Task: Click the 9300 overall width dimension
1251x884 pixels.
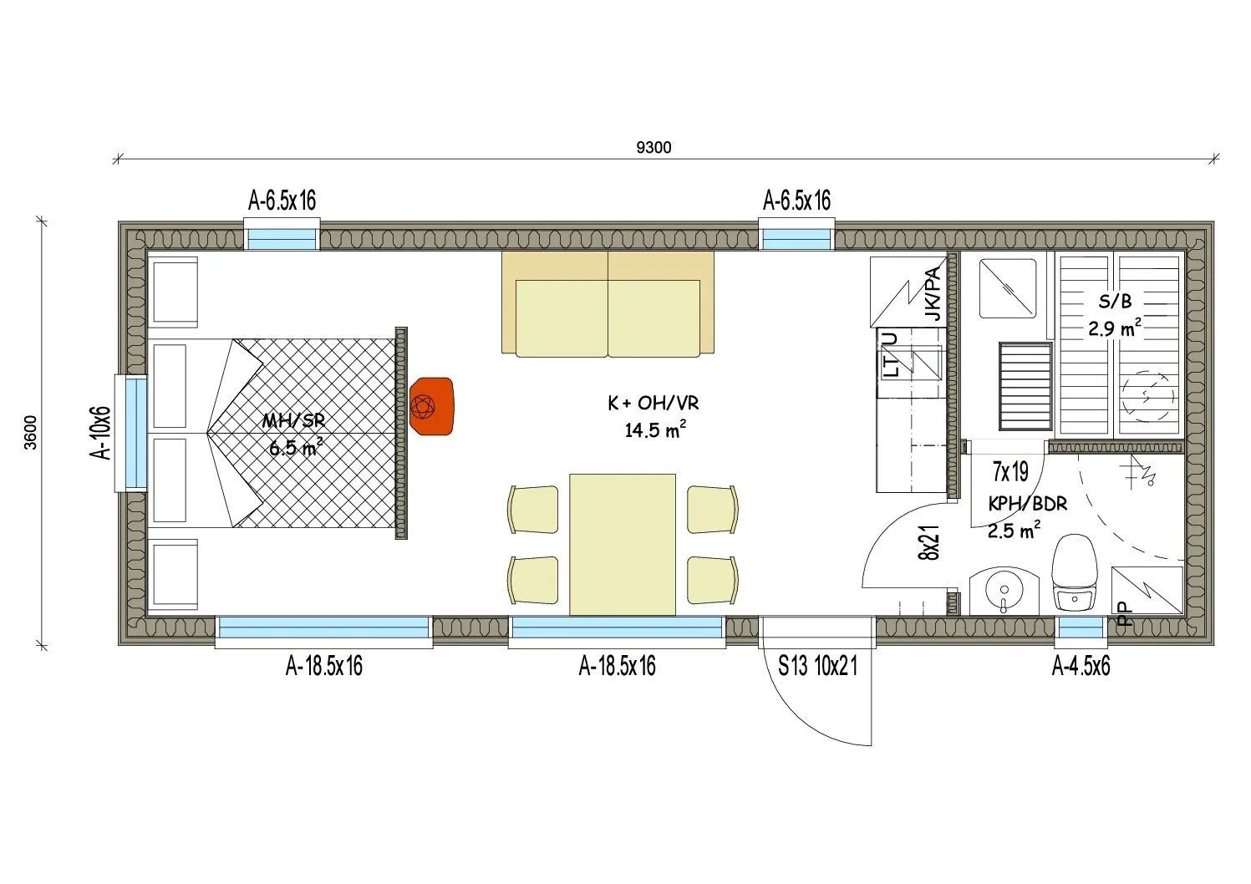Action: click(x=653, y=147)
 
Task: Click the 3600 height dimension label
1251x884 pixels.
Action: click(x=31, y=432)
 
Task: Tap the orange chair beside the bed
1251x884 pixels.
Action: click(x=431, y=406)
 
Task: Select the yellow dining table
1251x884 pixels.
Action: click(x=622, y=545)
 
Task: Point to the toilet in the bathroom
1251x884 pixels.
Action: click(x=1073, y=572)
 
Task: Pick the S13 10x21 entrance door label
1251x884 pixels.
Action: click(x=817, y=666)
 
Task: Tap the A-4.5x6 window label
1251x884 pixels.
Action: click(x=1081, y=666)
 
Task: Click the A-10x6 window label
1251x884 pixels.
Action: click(x=101, y=433)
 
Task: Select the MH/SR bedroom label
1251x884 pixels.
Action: click(x=294, y=421)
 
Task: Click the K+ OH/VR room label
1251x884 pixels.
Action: click(x=653, y=403)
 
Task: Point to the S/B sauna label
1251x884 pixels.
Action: click(x=1115, y=302)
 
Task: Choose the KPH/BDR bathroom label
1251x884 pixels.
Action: click(x=1028, y=504)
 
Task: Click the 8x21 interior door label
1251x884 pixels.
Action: click(x=928, y=542)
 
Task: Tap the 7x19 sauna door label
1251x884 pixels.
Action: click(x=1011, y=472)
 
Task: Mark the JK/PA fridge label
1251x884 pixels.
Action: click(x=933, y=294)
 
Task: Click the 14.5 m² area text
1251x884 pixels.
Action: click(x=654, y=429)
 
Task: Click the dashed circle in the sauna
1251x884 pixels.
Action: click(x=1148, y=397)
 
